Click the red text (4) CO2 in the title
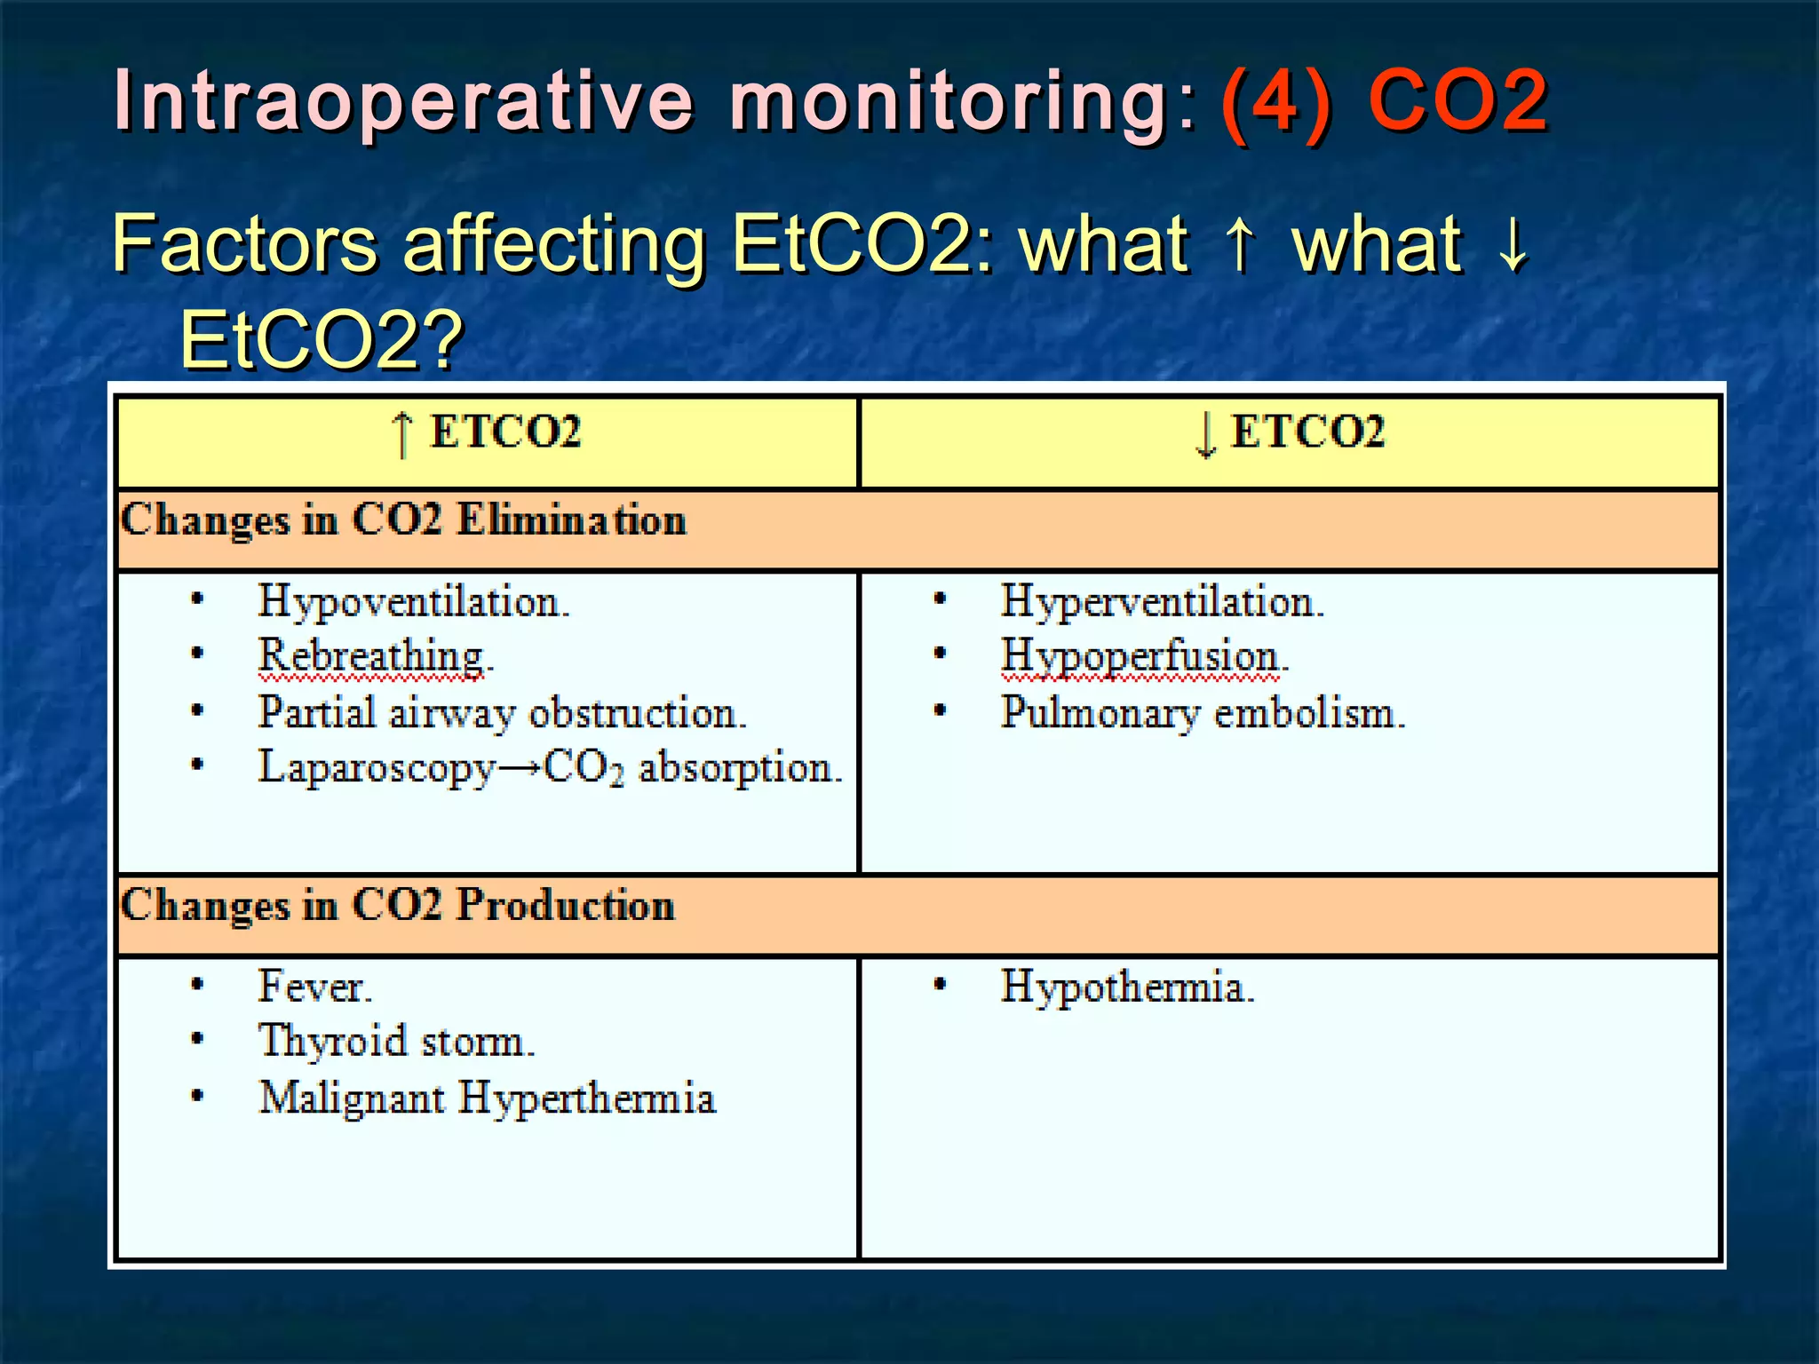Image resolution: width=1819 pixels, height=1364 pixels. pyautogui.click(x=1384, y=102)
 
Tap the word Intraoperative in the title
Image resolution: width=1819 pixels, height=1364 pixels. pyautogui.click(x=404, y=102)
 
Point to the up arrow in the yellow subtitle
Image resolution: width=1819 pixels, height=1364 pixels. pyautogui.click(x=1241, y=244)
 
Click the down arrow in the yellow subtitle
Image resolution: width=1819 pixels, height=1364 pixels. pyautogui.click(x=1513, y=244)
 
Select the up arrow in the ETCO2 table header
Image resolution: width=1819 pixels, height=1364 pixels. pyautogui.click(x=402, y=434)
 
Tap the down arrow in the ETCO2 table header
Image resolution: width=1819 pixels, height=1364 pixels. pyautogui.click(x=1204, y=434)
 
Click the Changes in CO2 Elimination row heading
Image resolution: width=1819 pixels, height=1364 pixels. pyautogui.click(x=403, y=520)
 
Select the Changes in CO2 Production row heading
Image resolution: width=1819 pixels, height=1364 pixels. pyautogui.click(x=397, y=906)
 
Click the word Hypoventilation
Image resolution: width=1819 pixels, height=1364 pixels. pyautogui.click(x=413, y=602)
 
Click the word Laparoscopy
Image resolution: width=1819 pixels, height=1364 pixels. pyautogui.click(x=376, y=768)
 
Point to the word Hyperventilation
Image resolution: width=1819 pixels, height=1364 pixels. pyautogui.click(x=1162, y=602)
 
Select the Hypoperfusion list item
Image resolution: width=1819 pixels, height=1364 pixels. pyautogui.click(x=1144, y=657)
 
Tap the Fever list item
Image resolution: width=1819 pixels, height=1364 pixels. pyautogui.click(x=314, y=987)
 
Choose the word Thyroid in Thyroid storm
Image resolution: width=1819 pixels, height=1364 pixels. pyautogui.click(x=332, y=1042)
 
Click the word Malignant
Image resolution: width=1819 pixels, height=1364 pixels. pyautogui.click(x=352, y=1098)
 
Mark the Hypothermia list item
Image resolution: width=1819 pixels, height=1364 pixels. pyautogui.click(x=1127, y=987)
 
